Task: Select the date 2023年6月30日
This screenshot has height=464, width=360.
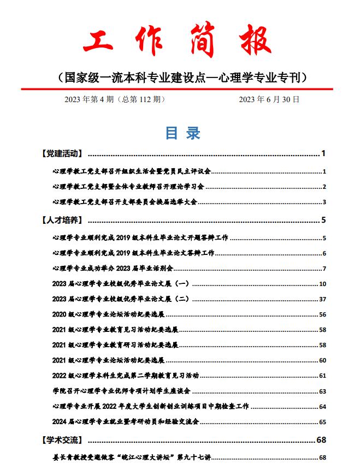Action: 269,99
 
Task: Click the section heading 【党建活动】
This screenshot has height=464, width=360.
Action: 62,153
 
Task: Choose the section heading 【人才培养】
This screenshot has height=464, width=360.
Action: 62,221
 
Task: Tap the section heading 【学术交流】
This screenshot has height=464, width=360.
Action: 62,439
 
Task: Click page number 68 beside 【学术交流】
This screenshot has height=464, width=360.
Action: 321,439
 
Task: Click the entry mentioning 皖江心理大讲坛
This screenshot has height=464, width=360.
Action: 132,457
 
